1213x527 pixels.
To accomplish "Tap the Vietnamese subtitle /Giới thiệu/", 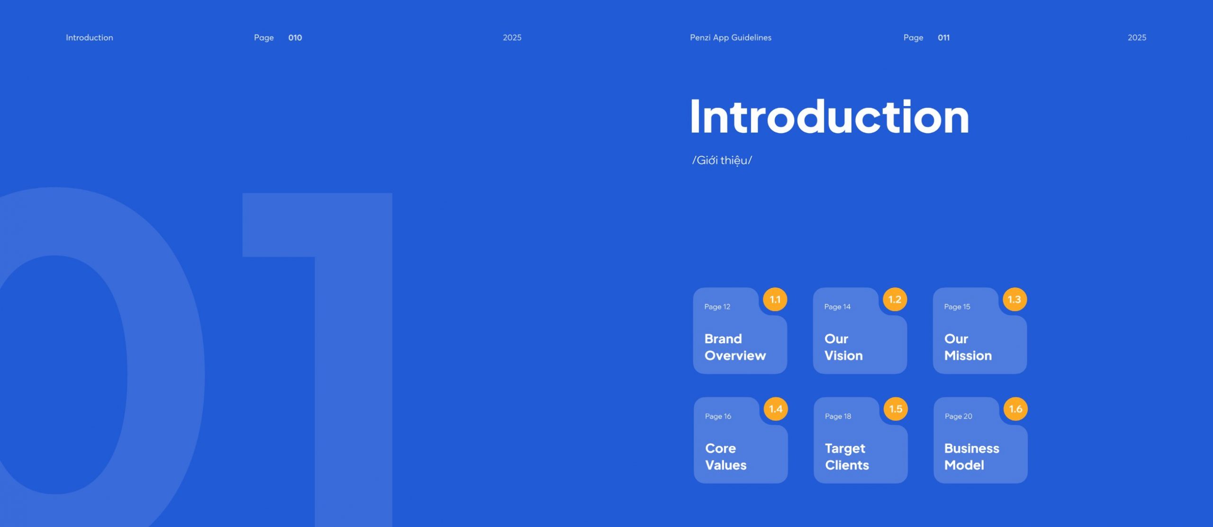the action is (722, 161).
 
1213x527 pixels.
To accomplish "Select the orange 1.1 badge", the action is (775, 299).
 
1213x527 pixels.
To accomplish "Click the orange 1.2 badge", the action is (895, 299).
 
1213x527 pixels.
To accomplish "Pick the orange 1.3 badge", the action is (1015, 299).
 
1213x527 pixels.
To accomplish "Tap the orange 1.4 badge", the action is (776, 409).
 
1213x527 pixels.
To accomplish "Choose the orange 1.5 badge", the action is (896, 409).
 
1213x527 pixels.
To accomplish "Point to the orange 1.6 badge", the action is (1015, 409).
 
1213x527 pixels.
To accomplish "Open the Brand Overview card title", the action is (735, 347).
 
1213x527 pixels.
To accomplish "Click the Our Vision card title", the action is (843, 347).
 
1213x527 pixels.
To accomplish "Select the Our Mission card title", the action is (968, 347).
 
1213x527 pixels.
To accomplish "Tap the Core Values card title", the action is (726, 456).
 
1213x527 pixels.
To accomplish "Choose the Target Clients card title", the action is (847, 456).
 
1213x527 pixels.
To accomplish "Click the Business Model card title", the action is (972, 456).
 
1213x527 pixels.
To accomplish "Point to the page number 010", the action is (295, 37).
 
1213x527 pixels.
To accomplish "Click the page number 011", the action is (944, 37).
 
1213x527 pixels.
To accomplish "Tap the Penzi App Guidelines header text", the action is (731, 37).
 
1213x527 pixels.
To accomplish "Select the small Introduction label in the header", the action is (90, 37).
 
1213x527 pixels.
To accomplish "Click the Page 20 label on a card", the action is (959, 416).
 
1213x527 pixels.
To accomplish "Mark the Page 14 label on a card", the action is (837, 307).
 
